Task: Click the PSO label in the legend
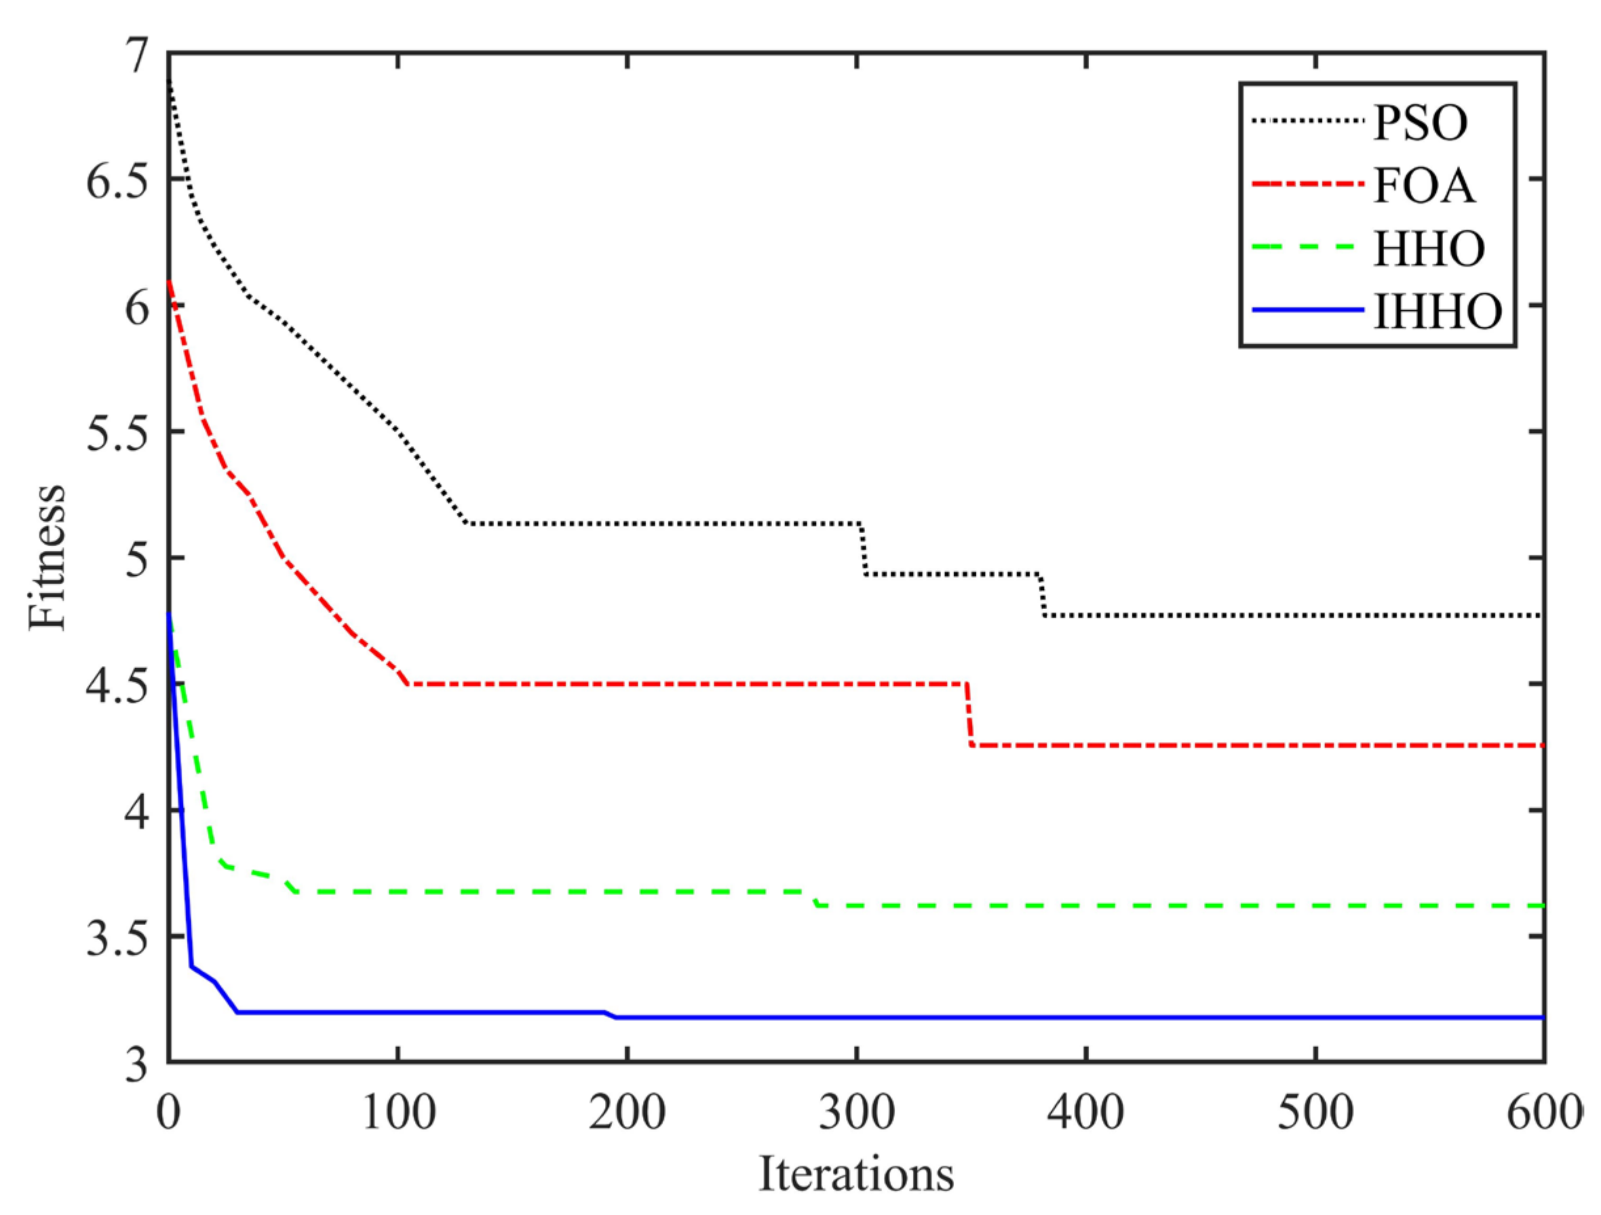click(x=1420, y=123)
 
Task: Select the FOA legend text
click(x=1423, y=186)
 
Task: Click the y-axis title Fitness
click(x=48, y=557)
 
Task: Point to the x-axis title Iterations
click(x=857, y=1174)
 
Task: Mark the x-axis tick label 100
click(x=397, y=1113)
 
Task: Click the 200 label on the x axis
click(x=627, y=1113)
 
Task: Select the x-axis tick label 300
click(x=857, y=1113)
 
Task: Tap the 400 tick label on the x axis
click(x=1086, y=1113)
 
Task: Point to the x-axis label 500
click(x=1315, y=1113)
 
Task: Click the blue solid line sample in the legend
click(x=1307, y=310)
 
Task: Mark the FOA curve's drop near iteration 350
click(x=969, y=714)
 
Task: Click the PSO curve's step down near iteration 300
click(x=862, y=548)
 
